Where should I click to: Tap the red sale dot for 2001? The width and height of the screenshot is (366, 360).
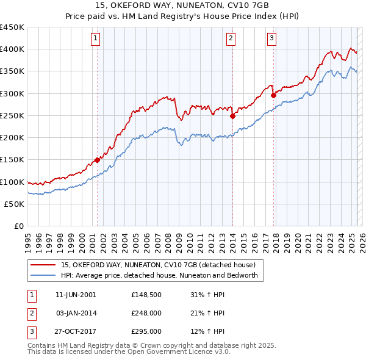tap(97, 160)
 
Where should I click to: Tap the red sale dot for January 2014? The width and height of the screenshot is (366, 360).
tap(232, 116)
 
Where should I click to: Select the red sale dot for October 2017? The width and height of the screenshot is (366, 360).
tap(273, 95)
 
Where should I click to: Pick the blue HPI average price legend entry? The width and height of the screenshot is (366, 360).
tap(159, 275)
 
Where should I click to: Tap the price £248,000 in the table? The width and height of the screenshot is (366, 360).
tap(146, 313)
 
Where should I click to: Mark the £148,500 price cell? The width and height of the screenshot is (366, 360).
tap(146, 295)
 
